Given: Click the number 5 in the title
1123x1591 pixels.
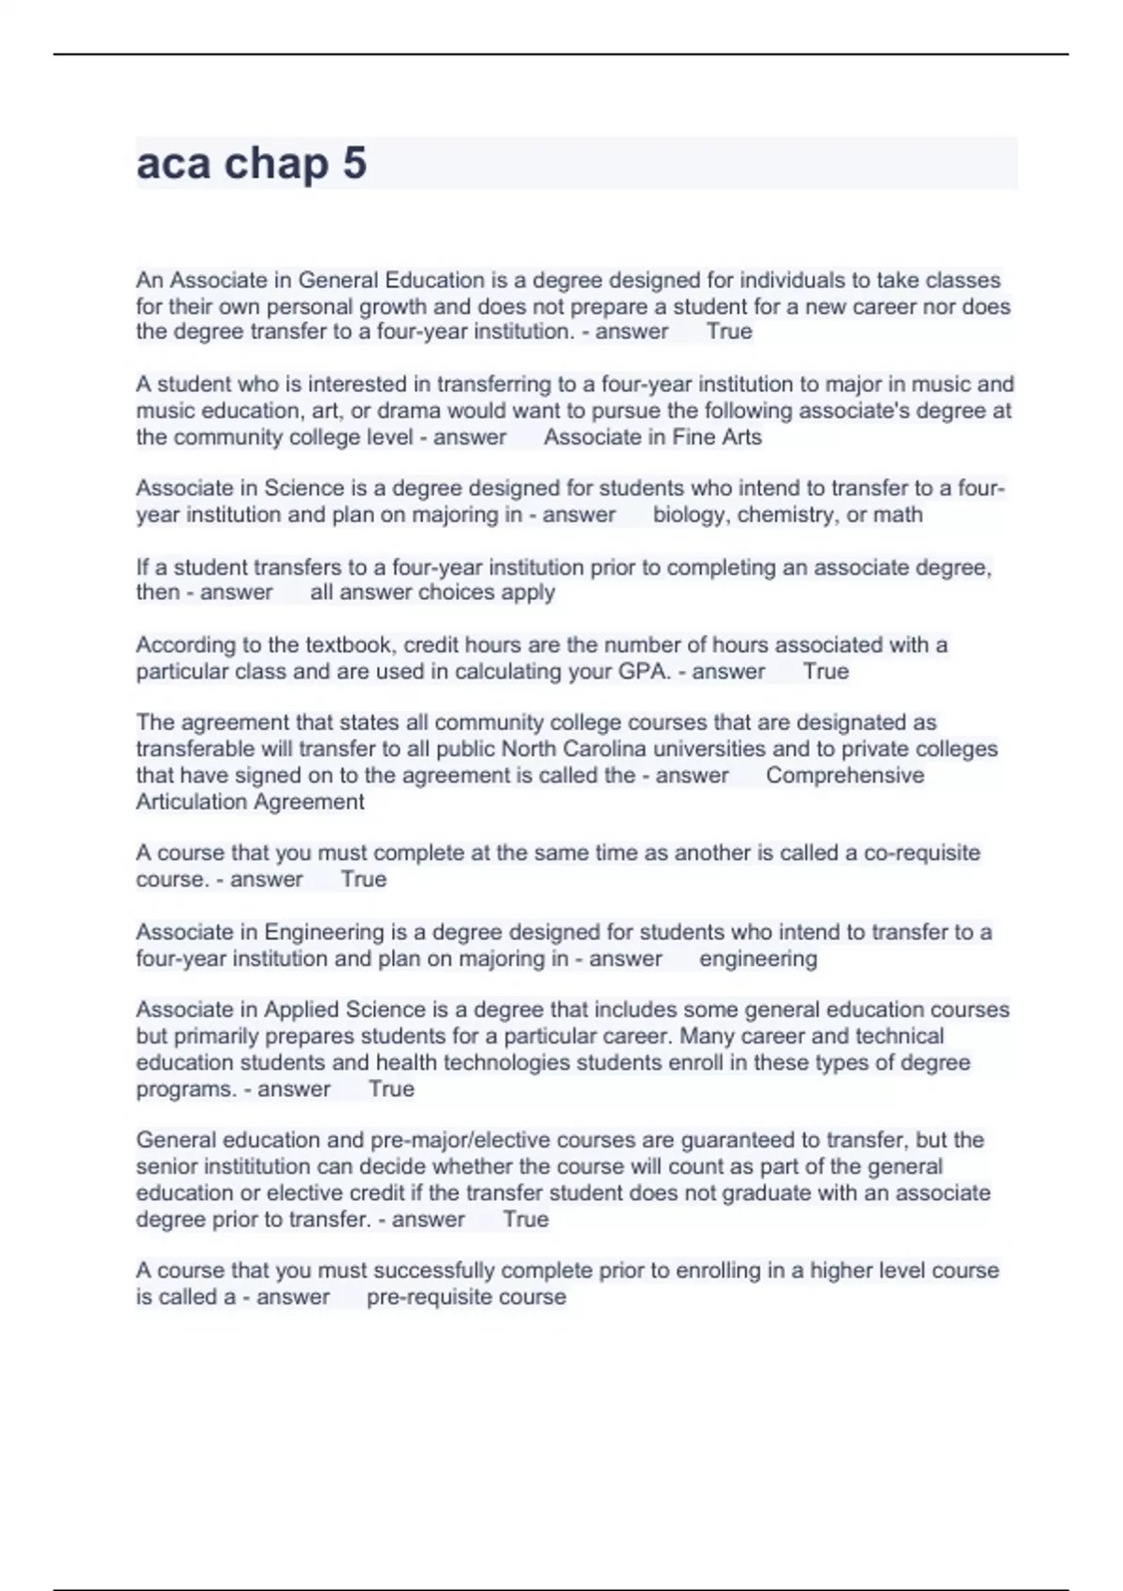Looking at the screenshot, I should click(x=355, y=164).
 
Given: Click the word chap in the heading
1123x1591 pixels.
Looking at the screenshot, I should click(x=276, y=165).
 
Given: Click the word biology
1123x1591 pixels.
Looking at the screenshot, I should click(x=691, y=515).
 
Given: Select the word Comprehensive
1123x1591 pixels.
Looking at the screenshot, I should click(x=844, y=775).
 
